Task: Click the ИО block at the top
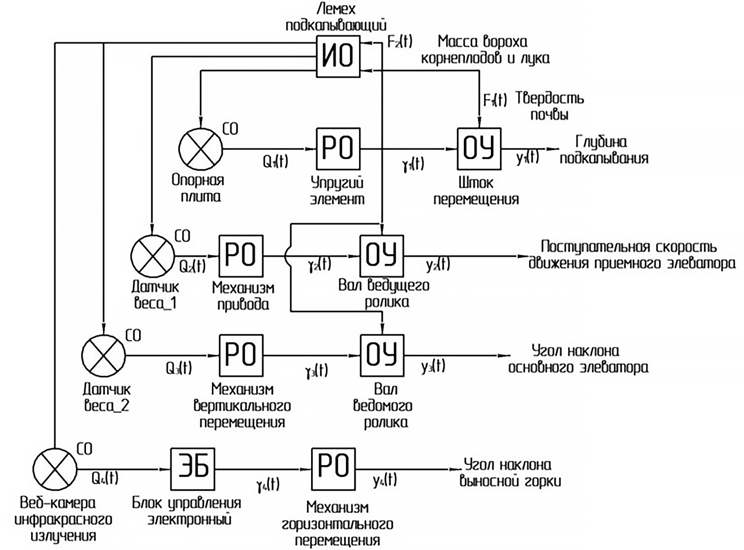[338, 56]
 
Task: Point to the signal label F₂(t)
[399, 42]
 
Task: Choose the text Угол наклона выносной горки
[510, 473]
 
